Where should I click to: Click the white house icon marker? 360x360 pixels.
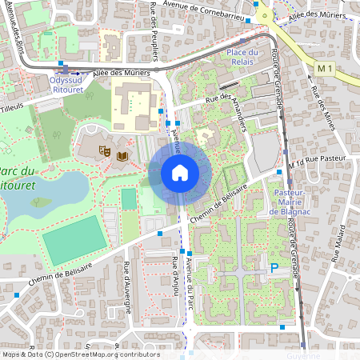point(180,172)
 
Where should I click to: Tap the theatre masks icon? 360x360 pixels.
point(104,150)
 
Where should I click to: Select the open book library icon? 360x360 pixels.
point(122,156)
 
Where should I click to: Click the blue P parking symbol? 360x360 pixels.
point(274,269)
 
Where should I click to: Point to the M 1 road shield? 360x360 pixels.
point(324,70)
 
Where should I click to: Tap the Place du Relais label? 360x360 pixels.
point(242,58)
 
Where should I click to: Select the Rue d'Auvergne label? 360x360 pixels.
point(128,279)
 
